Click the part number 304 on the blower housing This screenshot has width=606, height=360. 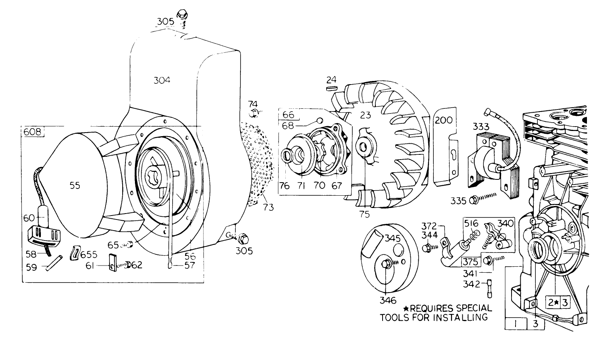[x=162, y=80]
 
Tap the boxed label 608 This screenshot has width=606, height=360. [x=33, y=132]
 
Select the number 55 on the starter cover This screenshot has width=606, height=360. [x=75, y=185]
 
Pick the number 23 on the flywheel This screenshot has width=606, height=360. [x=366, y=115]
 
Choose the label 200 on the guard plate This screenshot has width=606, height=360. [x=444, y=120]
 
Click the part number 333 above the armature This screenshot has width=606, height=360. [x=481, y=126]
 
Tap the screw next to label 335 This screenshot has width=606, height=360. [x=483, y=199]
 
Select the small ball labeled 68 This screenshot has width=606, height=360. [x=320, y=120]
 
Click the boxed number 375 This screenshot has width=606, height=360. [x=470, y=262]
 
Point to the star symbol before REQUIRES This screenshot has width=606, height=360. [x=406, y=308]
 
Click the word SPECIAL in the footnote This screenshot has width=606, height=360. [x=474, y=308]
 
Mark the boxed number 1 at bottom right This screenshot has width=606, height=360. [x=516, y=324]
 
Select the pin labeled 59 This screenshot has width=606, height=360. [x=54, y=263]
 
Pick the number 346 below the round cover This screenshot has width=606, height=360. [x=388, y=300]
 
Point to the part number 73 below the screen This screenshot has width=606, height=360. [x=268, y=208]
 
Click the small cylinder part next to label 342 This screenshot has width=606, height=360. [x=489, y=288]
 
